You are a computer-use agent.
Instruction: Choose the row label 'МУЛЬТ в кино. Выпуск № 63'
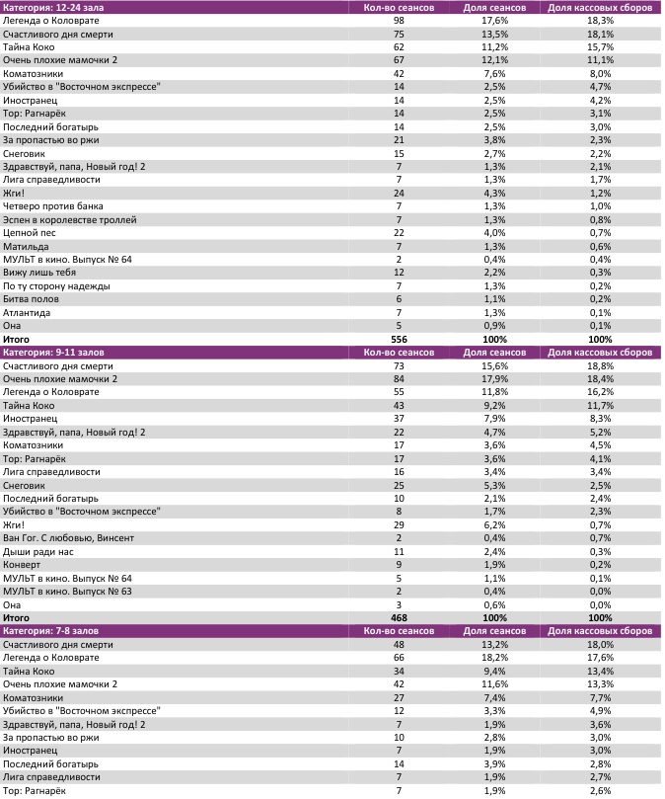[x=67, y=591]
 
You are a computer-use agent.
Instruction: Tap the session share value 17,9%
[x=494, y=378]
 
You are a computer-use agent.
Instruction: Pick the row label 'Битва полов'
[x=32, y=298]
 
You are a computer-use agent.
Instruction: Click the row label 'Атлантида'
[x=29, y=312]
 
